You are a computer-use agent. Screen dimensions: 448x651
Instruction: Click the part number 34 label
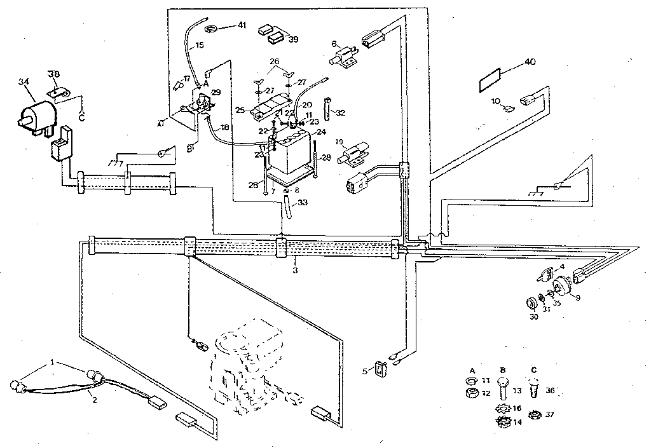[24, 81]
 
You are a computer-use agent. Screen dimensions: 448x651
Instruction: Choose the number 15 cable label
[200, 45]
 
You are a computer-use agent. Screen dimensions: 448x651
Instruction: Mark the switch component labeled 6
[344, 57]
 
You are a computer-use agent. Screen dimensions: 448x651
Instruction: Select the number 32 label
[341, 113]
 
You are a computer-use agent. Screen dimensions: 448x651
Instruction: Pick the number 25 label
[240, 110]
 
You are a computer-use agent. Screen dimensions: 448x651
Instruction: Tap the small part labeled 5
[380, 368]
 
